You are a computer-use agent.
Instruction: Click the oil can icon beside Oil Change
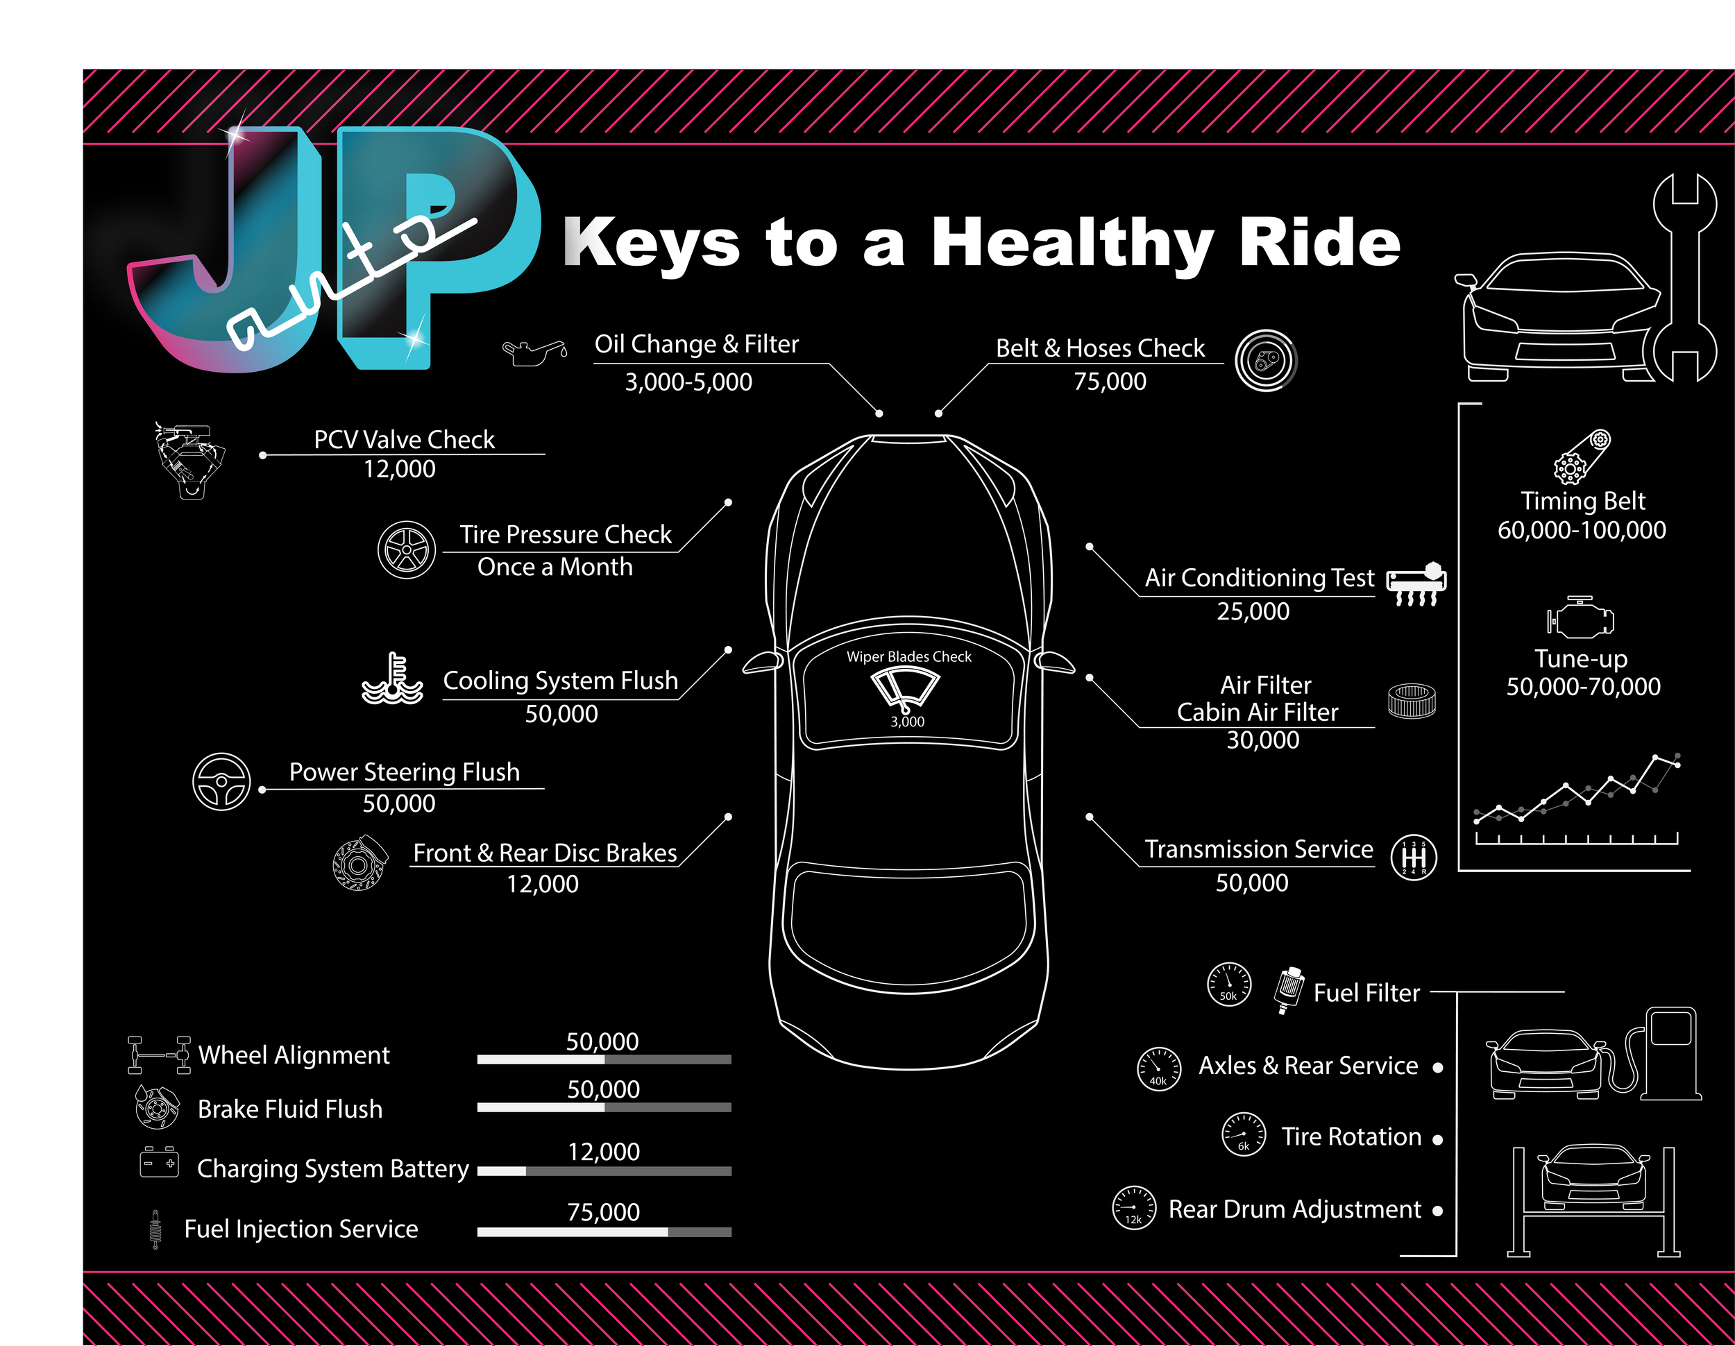534,351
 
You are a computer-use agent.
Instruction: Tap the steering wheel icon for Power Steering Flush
221,781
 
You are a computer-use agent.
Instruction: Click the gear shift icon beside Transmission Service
1413,858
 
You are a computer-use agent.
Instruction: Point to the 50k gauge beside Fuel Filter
1228,985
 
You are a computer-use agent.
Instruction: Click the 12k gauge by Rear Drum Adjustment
1133,1208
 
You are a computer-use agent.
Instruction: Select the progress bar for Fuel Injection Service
604,1232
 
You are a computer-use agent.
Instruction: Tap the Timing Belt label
1582,501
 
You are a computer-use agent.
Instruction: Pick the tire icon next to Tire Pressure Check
406,550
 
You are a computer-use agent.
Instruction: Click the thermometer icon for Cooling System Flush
392,680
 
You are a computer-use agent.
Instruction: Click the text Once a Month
555,567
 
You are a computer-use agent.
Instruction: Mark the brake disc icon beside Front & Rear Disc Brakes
360,863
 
